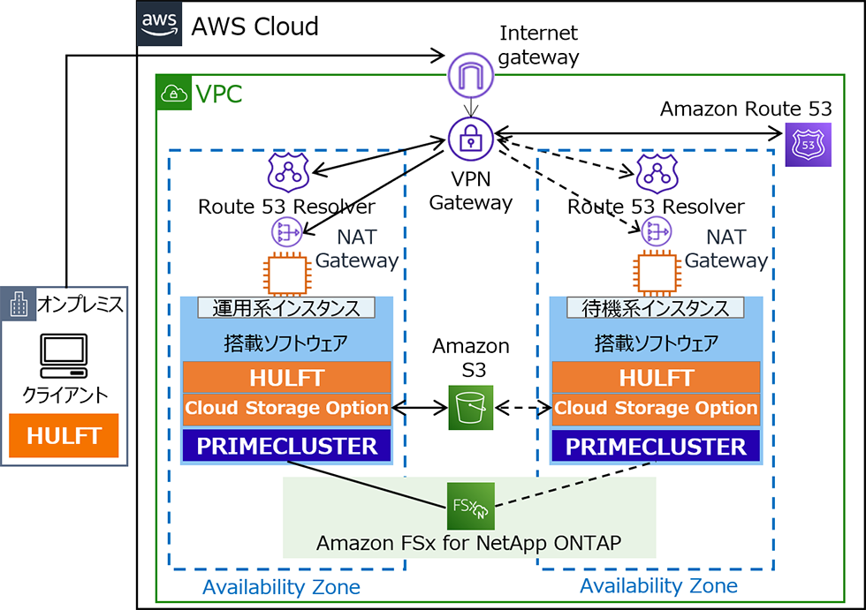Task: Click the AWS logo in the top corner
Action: click(159, 24)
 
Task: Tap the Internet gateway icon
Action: click(469, 75)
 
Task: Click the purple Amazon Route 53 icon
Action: click(809, 144)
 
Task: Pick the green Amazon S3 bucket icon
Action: click(470, 408)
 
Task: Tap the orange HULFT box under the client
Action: click(64, 435)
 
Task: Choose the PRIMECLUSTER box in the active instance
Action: click(286, 446)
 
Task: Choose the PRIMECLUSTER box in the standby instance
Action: click(656, 446)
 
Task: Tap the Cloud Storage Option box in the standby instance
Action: click(656, 409)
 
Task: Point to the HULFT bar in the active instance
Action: click(286, 378)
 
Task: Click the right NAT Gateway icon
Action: click(656, 231)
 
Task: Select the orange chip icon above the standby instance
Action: click(656, 274)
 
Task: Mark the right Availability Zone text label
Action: click(658, 586)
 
